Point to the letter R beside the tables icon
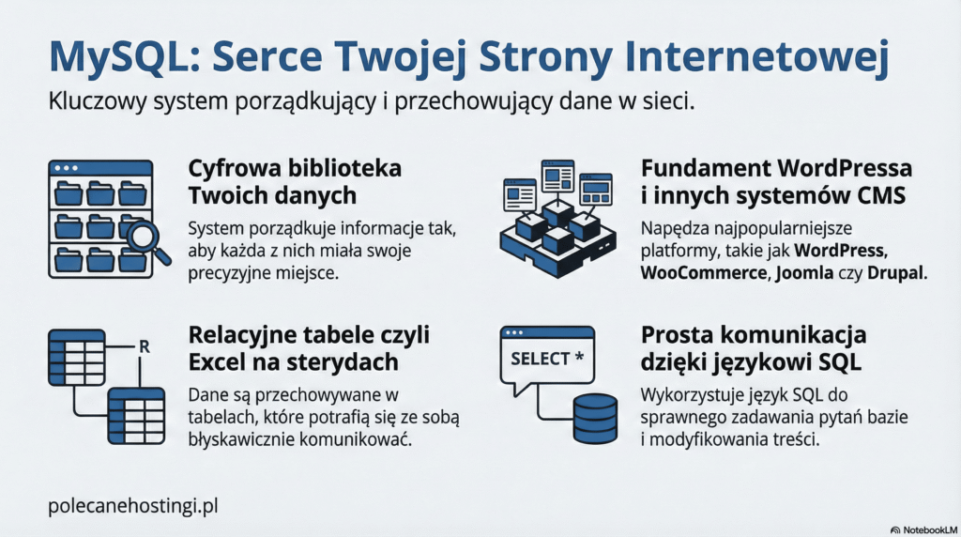(144, 346)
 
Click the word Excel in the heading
(220, 361)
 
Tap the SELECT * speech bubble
(547, 359)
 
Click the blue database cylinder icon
(595, 418)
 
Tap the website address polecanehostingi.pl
(132, 505)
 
